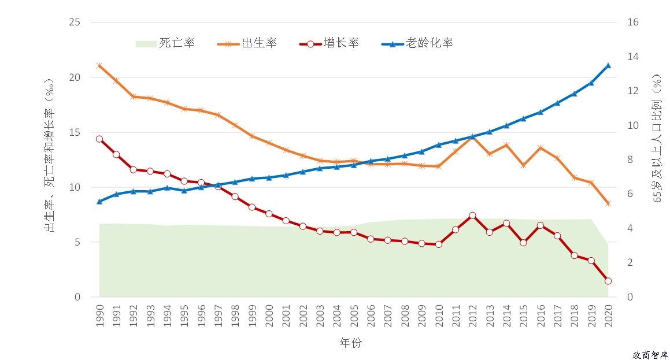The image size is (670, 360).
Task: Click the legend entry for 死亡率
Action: click(165, 43)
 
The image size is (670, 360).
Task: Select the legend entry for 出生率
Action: click(247, 43)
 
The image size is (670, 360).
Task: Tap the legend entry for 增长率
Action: click(329, 43)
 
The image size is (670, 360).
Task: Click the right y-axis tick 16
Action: click(632, 23)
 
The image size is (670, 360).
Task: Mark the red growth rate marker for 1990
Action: click(99, 139)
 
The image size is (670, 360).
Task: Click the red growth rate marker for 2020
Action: click(608, 281)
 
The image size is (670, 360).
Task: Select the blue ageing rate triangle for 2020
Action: click(608, 65)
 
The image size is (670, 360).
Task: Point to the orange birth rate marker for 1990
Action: click(99, 66)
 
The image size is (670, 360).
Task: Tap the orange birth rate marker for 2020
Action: click(608, 203)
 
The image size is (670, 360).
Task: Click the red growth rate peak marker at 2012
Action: click(472, 216)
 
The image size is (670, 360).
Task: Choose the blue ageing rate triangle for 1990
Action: click(99, 202)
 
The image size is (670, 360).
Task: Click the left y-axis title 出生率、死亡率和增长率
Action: click(50, 155)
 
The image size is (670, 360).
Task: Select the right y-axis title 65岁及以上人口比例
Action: click(657, 138)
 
